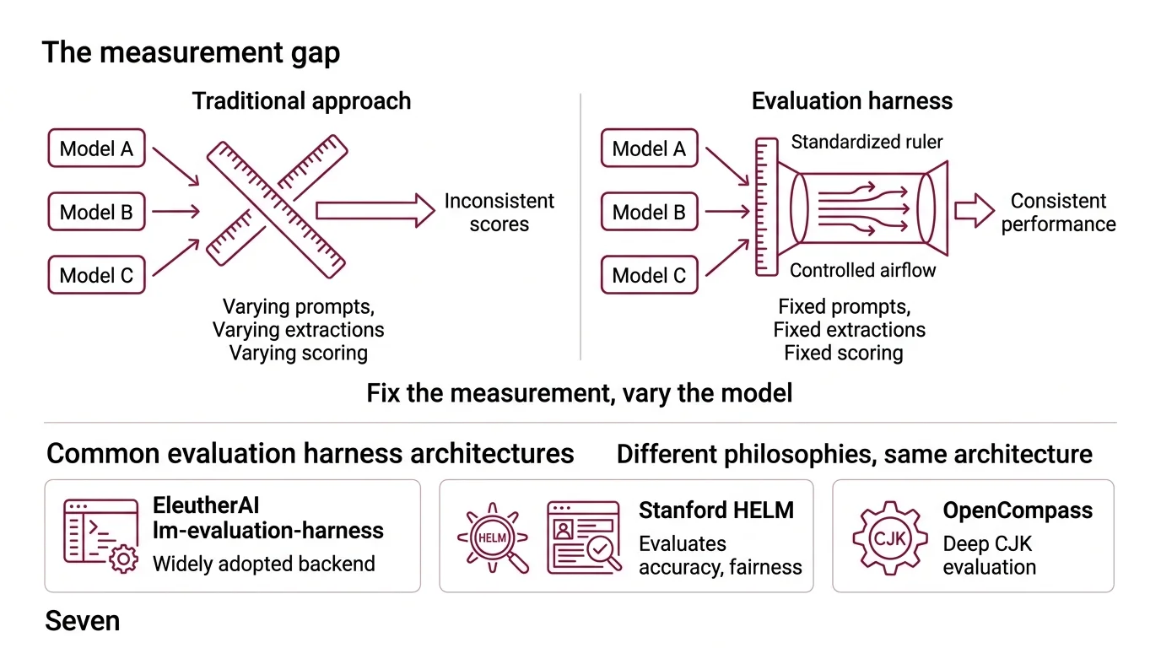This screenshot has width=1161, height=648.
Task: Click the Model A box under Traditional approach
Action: pos(96,148)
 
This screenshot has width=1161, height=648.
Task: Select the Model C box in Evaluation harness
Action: pos(649,275)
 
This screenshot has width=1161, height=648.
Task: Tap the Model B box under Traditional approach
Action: pos(96,212)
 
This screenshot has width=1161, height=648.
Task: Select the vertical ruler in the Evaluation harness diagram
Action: pos(766,208)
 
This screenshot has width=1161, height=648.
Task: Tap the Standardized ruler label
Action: pos(867,142)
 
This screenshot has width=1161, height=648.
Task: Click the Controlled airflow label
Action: pos(862,270)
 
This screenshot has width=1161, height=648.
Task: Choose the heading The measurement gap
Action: pos(191,52)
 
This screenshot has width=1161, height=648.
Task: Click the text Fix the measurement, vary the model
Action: pos(580,393)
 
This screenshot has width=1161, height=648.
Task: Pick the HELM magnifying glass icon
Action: pos(494,537)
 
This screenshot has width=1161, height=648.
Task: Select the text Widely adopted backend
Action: pos(264,564)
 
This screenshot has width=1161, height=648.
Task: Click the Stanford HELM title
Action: pos(716,510)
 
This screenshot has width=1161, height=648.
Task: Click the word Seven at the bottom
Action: pos(82,622)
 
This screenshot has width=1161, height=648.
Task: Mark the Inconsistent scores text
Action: pos(499,213)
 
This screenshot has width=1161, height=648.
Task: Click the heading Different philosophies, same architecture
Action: pos(854,454)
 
